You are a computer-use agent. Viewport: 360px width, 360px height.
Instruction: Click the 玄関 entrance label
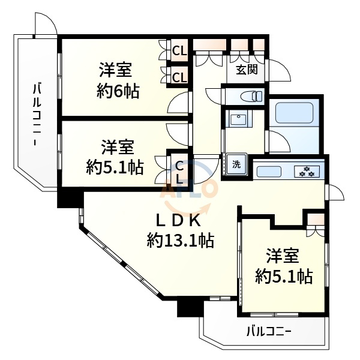[x=246, y=70]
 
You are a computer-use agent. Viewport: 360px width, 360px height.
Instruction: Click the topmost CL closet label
[x=179, y=51]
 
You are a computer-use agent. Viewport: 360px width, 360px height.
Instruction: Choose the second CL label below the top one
[x=179, y=76]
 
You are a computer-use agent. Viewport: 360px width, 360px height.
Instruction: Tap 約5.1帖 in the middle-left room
[x=115, y=166]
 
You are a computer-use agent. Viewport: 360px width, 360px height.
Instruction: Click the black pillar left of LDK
[x=70, y=197]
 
